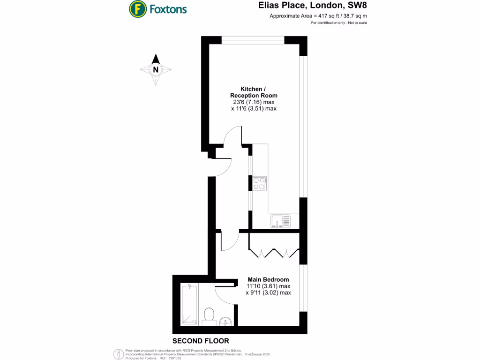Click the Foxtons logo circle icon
pos(137,8)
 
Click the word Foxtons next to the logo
pos(167,9)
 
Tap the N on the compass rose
pos(156,70)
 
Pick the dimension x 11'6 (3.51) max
pos(254,109)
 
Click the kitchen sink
pos(280,220)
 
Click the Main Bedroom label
pos(268,280)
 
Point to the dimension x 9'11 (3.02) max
pos(268,292)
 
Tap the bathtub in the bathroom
pos(190,305)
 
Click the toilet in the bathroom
pos(209,316)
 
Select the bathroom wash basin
pos(226,321)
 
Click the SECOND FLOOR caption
pos(201,341)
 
